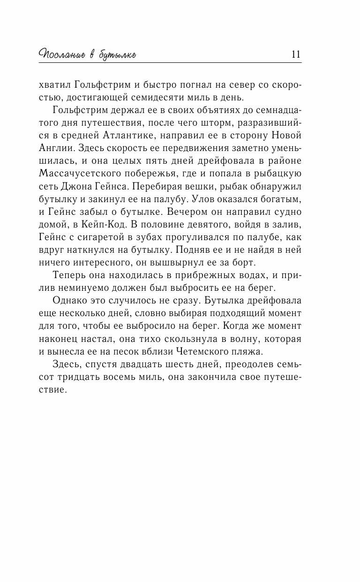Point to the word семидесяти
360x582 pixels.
[171, 98]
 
